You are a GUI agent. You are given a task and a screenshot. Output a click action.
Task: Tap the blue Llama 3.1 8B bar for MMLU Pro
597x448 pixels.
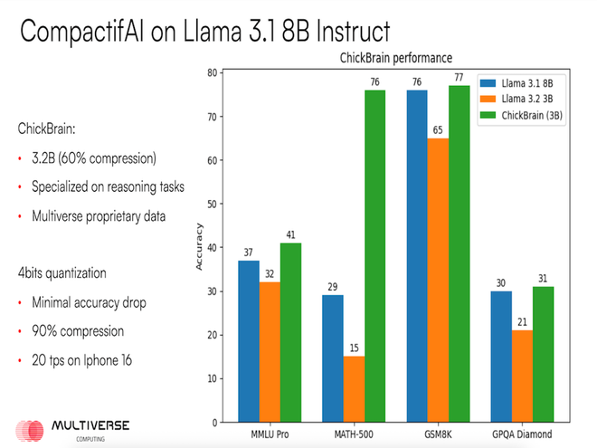250,340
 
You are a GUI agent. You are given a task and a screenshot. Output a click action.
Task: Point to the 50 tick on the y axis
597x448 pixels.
211,204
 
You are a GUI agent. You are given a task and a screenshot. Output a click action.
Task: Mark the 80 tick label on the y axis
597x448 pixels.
211,72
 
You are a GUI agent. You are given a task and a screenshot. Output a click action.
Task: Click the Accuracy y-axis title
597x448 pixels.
198,247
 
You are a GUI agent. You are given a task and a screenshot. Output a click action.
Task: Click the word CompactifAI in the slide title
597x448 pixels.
90,33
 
